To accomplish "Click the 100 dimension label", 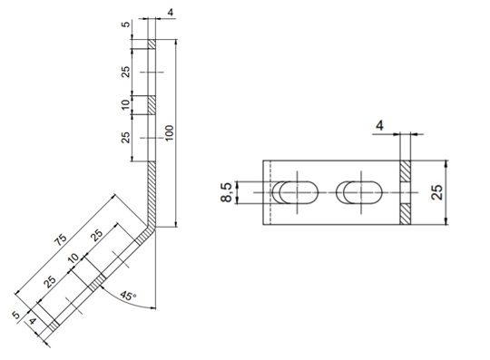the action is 170,132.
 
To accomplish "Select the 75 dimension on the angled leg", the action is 61,238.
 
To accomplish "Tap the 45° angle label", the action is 129,296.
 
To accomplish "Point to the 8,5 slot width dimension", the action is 227,192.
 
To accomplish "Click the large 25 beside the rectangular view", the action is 436,192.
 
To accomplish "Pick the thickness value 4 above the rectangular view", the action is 379,126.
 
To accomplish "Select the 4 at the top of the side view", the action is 171,13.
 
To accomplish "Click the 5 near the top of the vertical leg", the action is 125,24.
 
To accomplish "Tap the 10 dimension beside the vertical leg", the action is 125,104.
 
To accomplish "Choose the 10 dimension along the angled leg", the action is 73,258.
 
